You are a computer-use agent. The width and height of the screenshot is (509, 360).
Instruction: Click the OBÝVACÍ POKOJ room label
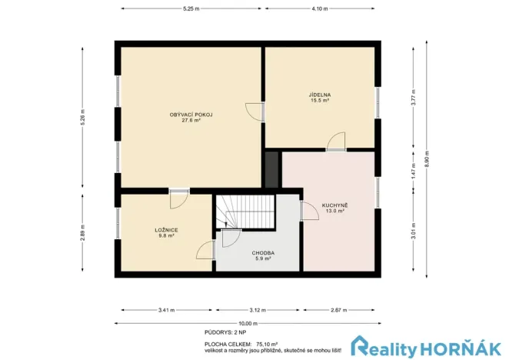tap(191, 115)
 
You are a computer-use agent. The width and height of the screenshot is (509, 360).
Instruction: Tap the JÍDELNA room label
tap(320, 95)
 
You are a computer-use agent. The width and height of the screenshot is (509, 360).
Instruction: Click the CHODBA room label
tap(263, 253)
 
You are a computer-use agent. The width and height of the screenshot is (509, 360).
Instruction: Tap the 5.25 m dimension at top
tap(190, 8)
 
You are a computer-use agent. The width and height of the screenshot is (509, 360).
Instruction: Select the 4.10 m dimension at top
tap(321, 8)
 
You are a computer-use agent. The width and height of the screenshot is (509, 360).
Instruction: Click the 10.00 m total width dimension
tap(248, 323)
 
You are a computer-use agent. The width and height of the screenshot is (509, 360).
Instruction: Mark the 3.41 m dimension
tap(166, 310)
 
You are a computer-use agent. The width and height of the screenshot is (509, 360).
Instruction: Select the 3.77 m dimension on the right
tap(413, 98)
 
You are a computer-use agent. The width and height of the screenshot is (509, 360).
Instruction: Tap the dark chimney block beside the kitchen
tap(271, 168)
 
